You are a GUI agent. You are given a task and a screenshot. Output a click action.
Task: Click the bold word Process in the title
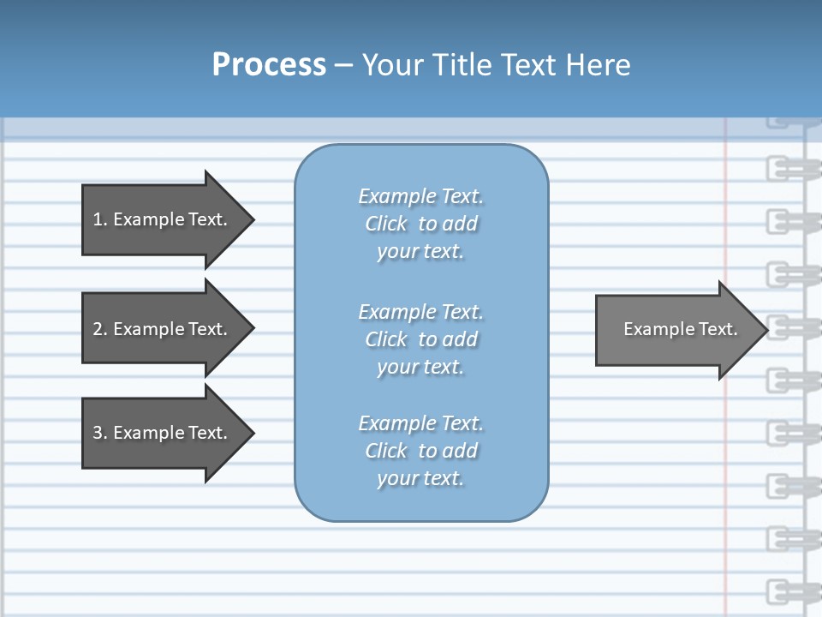[269, 65]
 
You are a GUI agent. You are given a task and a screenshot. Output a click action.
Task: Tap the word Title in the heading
[462, 65]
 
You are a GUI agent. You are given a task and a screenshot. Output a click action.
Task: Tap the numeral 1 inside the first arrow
[98, 219]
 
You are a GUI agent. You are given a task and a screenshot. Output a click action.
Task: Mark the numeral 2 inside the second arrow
[98, 329]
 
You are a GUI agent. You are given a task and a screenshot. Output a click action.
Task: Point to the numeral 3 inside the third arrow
[98, 433]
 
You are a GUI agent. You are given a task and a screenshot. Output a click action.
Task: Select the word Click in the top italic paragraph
[385, 225]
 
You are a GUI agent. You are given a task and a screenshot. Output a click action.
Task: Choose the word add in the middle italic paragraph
[461, 339]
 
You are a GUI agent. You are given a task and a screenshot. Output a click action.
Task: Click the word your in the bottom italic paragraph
[396, 479]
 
